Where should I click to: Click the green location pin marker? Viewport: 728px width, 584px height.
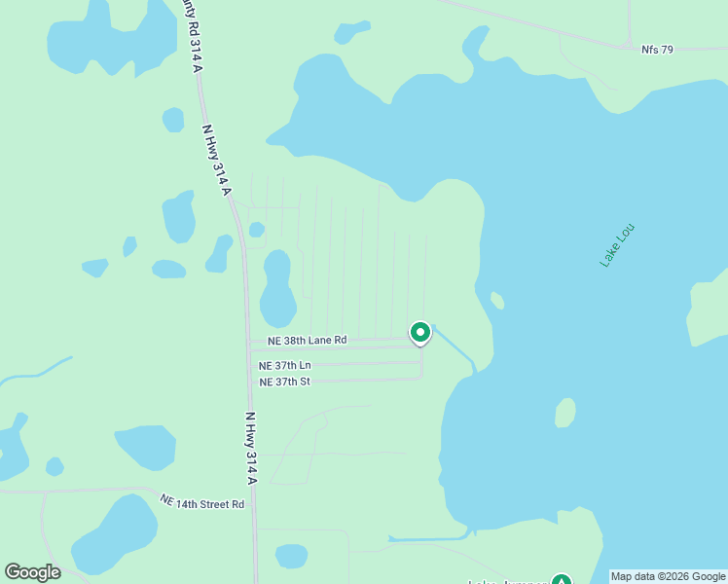click(420, 333)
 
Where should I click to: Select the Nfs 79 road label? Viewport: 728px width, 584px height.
click(658, 49)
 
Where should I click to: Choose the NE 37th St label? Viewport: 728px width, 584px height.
click(284, 382)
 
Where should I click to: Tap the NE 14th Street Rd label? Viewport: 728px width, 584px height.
click(202, 503)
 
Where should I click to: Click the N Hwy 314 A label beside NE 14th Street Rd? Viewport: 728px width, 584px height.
click(250, 448)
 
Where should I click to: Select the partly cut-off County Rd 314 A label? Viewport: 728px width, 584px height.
click(191, 34)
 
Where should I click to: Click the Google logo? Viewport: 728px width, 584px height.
click(32, 571)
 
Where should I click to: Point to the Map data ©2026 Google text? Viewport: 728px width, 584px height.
click(668, 576)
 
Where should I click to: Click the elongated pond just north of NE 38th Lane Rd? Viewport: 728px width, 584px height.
click(277, 289)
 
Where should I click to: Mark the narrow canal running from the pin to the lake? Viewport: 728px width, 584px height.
click(454, 349)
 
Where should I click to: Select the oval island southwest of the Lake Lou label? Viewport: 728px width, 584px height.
click(564, 413)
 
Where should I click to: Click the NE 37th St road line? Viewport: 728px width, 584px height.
click(370, 379)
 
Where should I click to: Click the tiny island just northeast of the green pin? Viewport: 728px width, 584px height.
click(497, 301)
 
